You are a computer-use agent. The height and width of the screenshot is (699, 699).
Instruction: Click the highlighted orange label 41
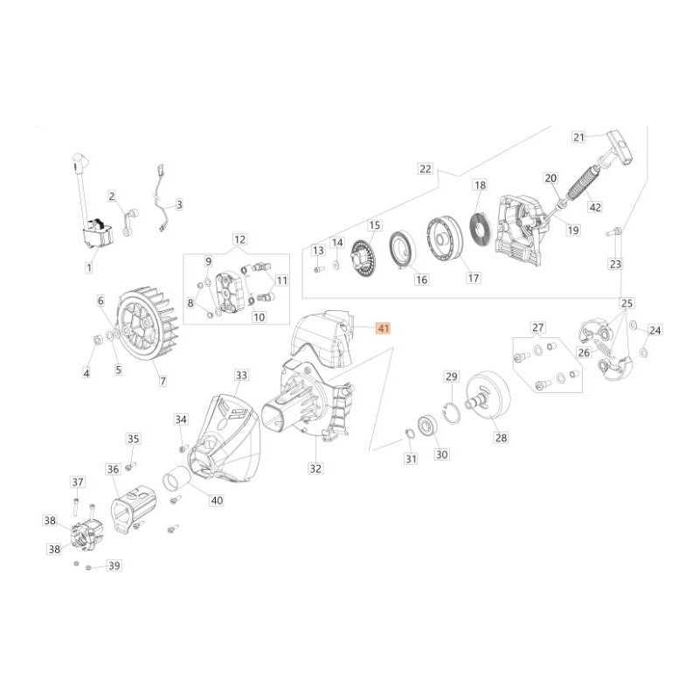coord(384,329)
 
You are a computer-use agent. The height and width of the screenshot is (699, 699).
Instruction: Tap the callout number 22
coord(426,169)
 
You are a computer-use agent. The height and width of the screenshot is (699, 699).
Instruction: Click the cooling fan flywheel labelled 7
coord(147,319)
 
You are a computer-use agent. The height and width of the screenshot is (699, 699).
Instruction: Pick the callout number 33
coord(241,376)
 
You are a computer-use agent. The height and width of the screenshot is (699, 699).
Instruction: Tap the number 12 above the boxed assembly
coord(239,239)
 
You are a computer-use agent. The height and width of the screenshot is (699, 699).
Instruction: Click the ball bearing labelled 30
coord(427,426)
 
